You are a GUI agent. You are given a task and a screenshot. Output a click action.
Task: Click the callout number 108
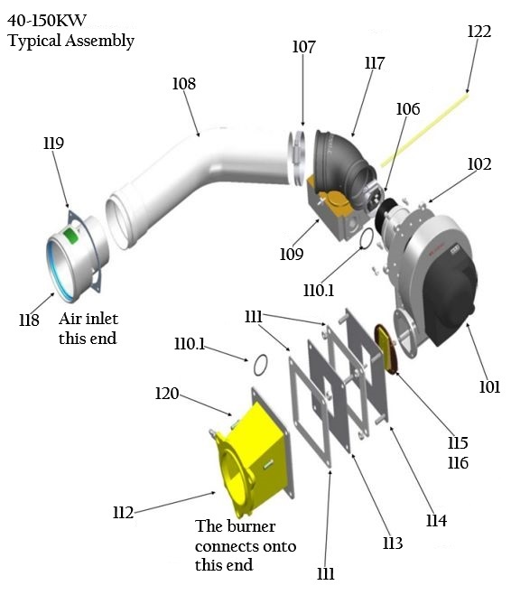point(183,84)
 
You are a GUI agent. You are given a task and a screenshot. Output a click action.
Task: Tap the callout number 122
point(479,32)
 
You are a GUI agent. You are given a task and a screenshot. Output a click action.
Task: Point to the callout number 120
point(167,394)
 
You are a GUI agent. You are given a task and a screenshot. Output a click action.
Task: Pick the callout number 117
point(374,64)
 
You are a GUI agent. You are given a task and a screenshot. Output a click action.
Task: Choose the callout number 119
point(53,143)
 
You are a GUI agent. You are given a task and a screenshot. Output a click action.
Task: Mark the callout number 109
point(291,254)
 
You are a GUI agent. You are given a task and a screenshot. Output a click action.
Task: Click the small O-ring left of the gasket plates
point(259,365)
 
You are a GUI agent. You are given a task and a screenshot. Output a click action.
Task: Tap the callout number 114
point(437,520)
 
